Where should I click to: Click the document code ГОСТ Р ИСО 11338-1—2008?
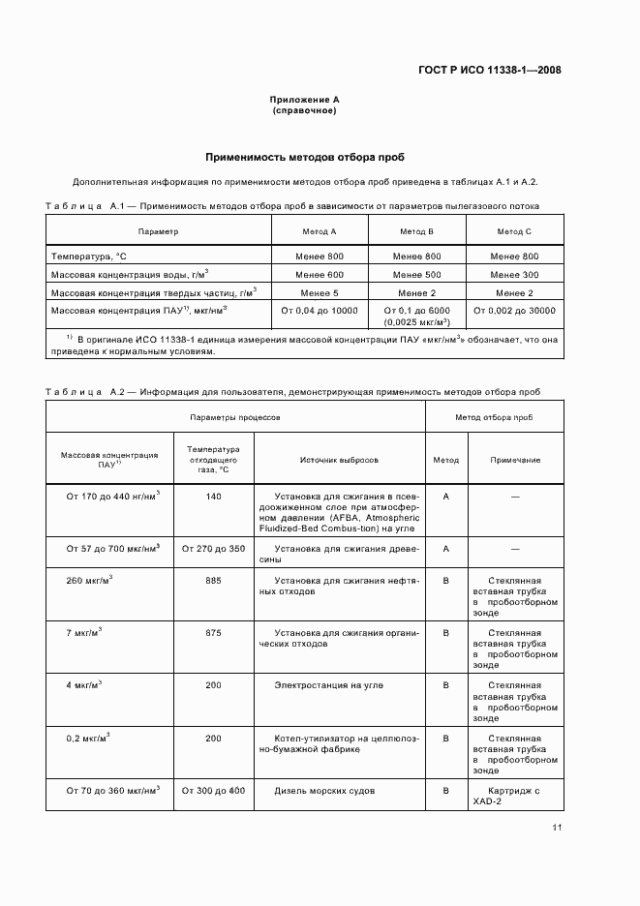tap(494, 70)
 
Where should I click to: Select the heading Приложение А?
tap(304, 100)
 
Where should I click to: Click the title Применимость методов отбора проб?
tap(304, 156)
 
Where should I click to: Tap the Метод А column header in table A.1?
tap(320, 232)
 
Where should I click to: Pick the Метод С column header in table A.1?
tap(514, 232)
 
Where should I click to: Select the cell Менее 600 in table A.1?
tap(320, 274)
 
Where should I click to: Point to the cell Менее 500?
tap(416, 274)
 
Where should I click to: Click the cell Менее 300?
tap(514, 274)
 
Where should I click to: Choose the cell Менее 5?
tap(320, 292)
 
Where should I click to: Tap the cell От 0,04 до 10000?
tap(320, 311)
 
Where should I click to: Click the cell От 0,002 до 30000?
tap(514, 311)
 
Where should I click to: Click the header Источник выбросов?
tap(339, 461)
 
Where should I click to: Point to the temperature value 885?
tap(213, 581)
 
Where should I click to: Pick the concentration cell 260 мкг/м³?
tap(90, 581)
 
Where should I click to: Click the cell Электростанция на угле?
tap(328, 685)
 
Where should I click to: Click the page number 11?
tap(557, 828)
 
